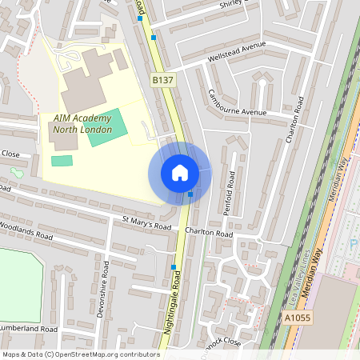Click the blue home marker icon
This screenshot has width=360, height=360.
point(179,172)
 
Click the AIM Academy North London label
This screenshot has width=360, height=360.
point(83,123)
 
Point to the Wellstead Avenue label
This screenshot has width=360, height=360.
point(236,52)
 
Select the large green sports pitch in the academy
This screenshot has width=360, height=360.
point(107,127)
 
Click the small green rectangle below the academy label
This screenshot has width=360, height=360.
point(62,161)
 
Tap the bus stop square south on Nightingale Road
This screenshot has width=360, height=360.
point(174,267)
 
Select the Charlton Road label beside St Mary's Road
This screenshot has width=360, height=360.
point(208,234)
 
